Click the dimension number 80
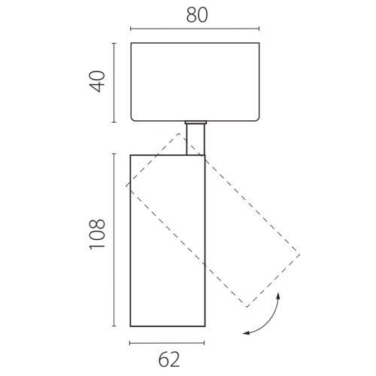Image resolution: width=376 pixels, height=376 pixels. coord(197,15)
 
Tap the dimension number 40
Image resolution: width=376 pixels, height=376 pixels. coord(97,81)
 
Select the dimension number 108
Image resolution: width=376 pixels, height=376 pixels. coord(97,234)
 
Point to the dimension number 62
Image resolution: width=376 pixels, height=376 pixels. coord(169,359)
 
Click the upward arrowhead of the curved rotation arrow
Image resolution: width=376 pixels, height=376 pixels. coord(278,296)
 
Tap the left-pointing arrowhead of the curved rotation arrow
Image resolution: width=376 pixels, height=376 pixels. coord(246,333)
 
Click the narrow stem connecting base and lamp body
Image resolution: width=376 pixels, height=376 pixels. coord(196,139)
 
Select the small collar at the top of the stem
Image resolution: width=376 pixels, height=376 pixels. coord(196,123)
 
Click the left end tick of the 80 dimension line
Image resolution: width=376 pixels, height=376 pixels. coord(131,29)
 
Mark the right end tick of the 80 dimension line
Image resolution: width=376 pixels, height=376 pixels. coord(259,29)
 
